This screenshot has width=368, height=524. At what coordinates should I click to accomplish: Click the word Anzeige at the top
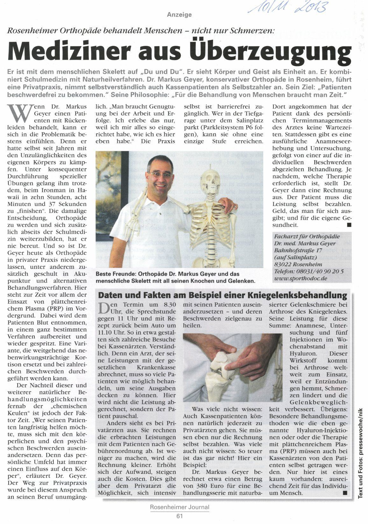point(180,14)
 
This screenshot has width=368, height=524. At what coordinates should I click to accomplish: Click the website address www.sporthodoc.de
point(296,278)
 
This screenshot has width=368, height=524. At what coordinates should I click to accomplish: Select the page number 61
point(180,516)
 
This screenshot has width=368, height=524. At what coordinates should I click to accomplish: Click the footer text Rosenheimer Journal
point(180,507)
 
